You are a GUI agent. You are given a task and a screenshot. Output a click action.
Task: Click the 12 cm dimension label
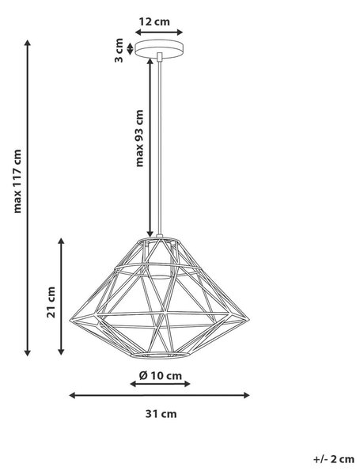(x=154, y=22)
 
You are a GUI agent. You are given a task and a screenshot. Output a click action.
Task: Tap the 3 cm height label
(x=119, y=51)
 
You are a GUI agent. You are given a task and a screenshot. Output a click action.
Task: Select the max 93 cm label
(x=139, y=138)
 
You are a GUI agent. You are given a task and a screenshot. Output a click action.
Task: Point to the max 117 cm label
(x=17, y=181)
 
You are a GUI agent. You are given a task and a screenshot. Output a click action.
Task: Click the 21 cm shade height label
(x=51, y=302)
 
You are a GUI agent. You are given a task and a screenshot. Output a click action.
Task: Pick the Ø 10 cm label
(x=161, y=375)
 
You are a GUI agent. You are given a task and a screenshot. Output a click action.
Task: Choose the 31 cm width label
(x=161, y=414)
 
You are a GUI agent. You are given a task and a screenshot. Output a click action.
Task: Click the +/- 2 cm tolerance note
(x=334, y=459)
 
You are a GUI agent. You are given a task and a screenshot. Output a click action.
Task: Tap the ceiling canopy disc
(x=159, y=48)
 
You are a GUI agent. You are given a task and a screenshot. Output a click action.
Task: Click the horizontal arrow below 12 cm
(x=159, y=32)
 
